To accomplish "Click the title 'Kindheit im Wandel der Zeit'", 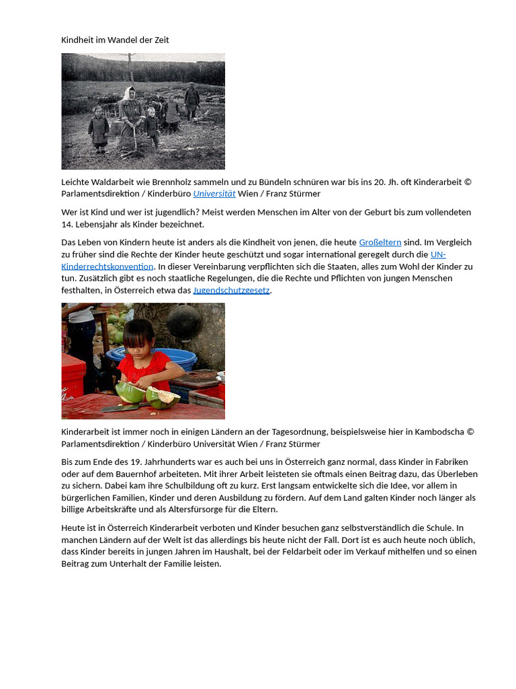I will click(x=115, y=40).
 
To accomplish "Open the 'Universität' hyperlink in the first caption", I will click(x=214, y=194).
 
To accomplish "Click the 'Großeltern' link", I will click(x=380, y=242).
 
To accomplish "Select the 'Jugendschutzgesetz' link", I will click(x=231, y=291).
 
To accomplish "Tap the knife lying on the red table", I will click(x=121, y=407).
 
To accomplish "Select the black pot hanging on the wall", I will click(x=185, y=322).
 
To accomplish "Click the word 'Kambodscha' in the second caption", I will click(x=439, y=432).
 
